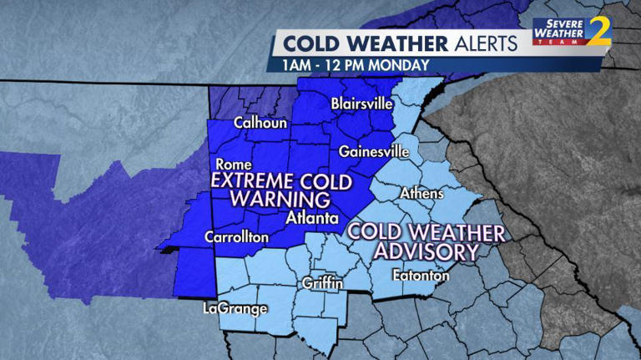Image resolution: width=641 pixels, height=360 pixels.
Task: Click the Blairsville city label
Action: [364, 105]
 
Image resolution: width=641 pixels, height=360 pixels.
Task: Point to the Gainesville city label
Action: [374, 152]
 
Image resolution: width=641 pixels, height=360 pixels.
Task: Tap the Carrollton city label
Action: [237, 237]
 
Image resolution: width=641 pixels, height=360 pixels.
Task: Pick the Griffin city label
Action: [323, 283]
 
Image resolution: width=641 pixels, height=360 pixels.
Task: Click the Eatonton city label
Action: [421, 276]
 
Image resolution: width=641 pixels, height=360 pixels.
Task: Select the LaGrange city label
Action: [235, 308]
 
